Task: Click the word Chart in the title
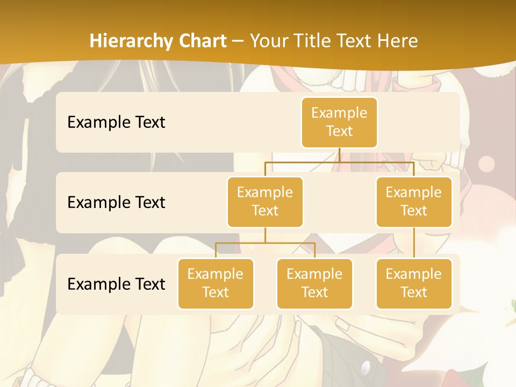(203, 41)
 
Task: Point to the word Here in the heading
(397, 41)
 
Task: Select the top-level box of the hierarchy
(339, 123)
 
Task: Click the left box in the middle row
(265, 202)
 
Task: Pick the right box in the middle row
(414, 202)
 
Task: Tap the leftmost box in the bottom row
(216, 284)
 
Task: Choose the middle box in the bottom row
(314, 284)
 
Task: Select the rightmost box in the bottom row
(414, 284)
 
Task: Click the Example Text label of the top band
(116, 123)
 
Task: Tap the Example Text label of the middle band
(116, 203)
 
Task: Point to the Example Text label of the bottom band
(116, 284)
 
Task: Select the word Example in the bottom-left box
(216, 275)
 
